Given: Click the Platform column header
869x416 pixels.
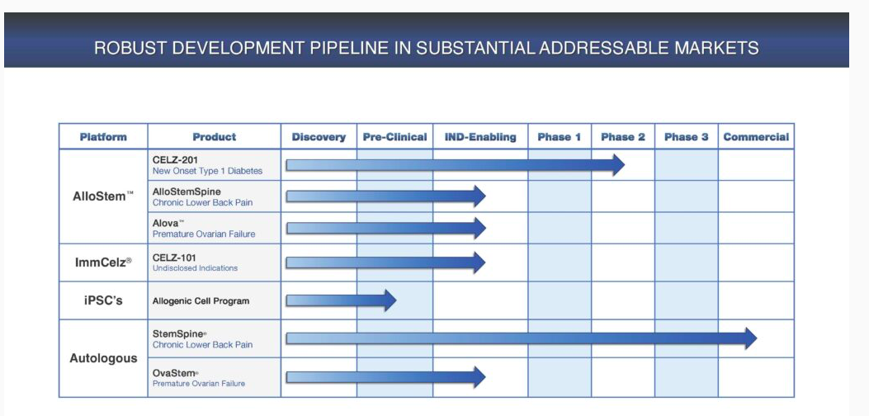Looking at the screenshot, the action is point(103,137).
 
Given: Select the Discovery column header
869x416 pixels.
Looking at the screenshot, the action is point(319,137).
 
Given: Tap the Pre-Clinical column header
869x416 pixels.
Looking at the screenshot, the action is point(394,137).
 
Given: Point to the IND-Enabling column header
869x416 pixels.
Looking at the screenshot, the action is point(480,137).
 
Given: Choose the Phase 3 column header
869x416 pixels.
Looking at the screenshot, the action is point(686,137).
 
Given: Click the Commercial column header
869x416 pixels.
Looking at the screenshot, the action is point(756,137).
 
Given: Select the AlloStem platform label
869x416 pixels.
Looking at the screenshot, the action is point(103,196).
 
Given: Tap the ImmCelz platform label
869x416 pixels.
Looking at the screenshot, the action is point(103,262).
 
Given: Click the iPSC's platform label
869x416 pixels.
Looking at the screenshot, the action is point(103,300).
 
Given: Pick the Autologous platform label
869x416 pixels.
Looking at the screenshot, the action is point(103,358).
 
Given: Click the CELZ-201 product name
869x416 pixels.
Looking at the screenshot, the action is point(175,160).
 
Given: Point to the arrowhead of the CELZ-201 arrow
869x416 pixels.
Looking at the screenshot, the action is point(618,165).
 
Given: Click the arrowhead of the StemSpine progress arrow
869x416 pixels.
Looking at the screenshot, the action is point(750,338).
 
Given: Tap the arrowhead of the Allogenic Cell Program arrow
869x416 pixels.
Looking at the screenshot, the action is point(390,300).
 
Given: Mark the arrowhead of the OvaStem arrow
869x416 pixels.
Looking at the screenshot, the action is point(479,377).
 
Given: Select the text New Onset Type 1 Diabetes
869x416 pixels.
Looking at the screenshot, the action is point(207,172).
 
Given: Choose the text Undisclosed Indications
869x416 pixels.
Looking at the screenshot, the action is point(195,268).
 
